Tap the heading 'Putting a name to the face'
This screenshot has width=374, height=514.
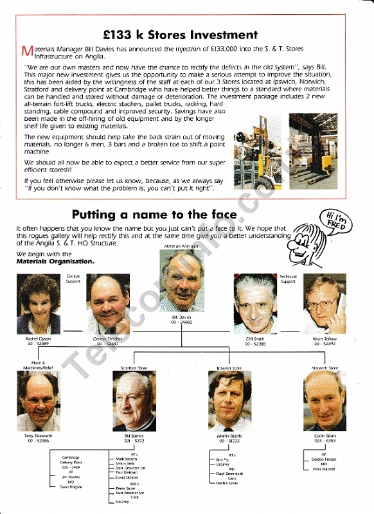pos(154,214)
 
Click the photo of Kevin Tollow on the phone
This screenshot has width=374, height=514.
pos(325,304)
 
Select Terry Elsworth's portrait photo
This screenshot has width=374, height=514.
pos(38,401)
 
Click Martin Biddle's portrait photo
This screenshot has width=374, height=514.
pos(229,401)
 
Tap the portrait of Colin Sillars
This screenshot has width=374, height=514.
pos(325,401)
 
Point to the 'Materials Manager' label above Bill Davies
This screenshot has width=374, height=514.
pos(182,247)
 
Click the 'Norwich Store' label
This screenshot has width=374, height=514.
pos(325,368)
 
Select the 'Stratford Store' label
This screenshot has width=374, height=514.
pos(134,368)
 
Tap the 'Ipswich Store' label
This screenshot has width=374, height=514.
pos(229,368)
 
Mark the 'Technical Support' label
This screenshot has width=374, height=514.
pos(288,279)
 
